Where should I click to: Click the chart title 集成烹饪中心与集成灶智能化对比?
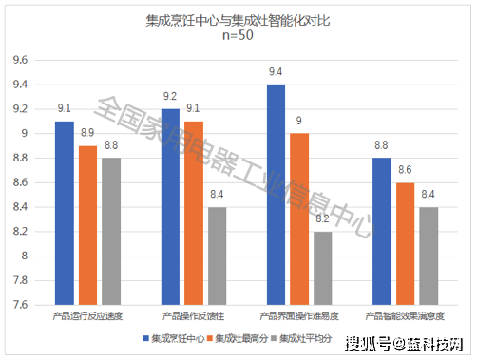tap(239, 18)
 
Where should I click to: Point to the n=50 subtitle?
tap(239, 35)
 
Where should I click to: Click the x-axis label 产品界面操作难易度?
tap(298, 314)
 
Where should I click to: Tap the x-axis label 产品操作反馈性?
tap(194, 314)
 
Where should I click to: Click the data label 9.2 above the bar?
tap(170, 97)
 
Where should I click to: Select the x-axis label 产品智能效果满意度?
tap(404, 314)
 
